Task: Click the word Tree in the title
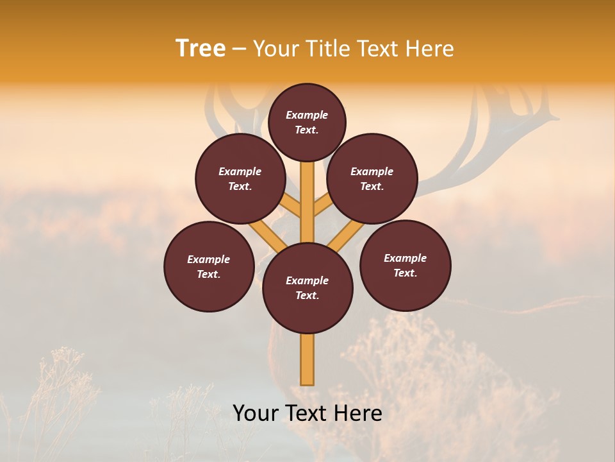[201, 49]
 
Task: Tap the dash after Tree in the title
[239, 49]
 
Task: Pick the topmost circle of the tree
[307, 122]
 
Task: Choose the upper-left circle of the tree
[240, 178]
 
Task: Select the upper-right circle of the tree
[372, 178]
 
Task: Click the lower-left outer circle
[209, 266]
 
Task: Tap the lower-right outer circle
[405, 265]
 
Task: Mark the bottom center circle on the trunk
[307, 287]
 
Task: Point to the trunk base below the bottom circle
[307, 359]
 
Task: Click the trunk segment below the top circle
[307, 193]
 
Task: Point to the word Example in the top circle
[307, 115]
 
